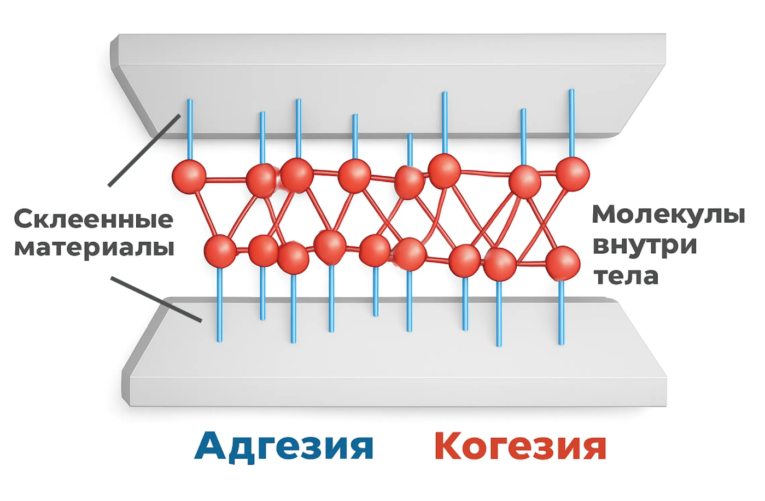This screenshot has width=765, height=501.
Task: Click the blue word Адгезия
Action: click(284, 446)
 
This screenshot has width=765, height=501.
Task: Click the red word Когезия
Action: click(520, 446)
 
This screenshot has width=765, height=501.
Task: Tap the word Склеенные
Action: click(94, 219)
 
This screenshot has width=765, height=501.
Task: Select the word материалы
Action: click(94, 247)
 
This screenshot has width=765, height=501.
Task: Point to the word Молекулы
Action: click(668, 214)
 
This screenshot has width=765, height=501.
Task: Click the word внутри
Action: click(645, 245)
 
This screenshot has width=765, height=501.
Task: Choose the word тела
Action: click(626, 276)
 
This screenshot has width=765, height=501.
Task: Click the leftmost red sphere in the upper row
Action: click(189, 176)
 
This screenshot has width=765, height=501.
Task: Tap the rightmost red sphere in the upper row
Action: click(573, 173)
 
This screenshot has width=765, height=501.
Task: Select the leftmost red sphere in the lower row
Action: click(220, 251)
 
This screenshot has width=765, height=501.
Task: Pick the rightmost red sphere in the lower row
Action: click(562, 263)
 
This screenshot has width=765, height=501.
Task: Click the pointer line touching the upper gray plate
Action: click(144, 150)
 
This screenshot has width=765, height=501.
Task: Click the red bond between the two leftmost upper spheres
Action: click(225, 179)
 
